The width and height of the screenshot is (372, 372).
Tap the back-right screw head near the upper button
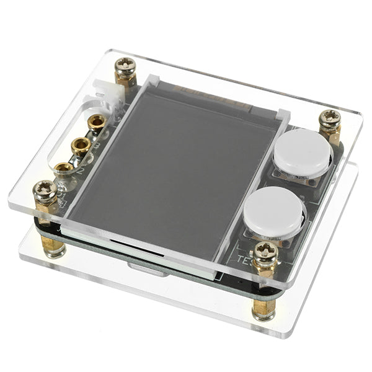(330, 118)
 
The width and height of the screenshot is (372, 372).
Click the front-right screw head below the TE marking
(266, 251)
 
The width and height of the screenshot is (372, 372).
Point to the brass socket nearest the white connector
(96, 122)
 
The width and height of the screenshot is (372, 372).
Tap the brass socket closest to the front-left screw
(64, 167)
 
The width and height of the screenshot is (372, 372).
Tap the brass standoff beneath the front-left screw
(52, 245)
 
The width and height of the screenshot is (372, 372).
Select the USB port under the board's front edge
(148, 268)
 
